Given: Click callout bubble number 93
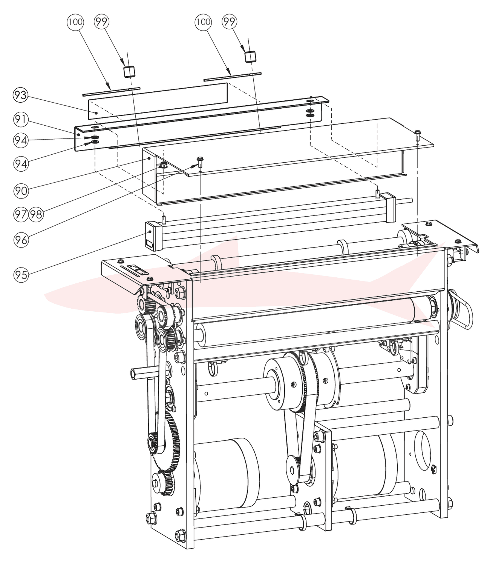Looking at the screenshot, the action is point(21,95).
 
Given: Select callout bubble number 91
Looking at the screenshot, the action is point(21,119).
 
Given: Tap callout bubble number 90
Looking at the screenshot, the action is point(21,191).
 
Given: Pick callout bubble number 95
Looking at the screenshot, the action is point(21,274).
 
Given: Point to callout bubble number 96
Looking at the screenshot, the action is point(21,240).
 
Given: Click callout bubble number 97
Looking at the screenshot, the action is point(21,214).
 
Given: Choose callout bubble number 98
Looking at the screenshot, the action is point(36,214).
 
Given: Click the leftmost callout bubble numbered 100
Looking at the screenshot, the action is point(75,22).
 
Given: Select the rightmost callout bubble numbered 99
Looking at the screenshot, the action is point(230,22).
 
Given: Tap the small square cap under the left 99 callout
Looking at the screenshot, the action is point(129,72).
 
